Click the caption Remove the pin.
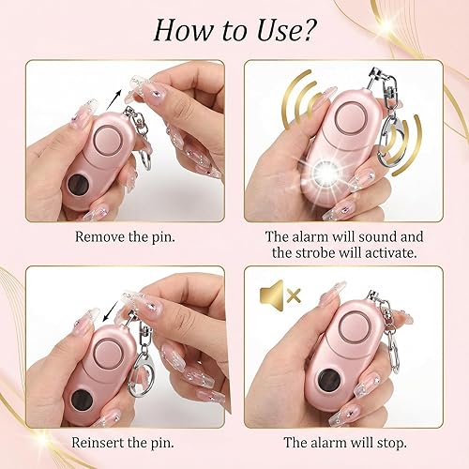coord(123,237)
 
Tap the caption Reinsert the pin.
coord(123,442)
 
